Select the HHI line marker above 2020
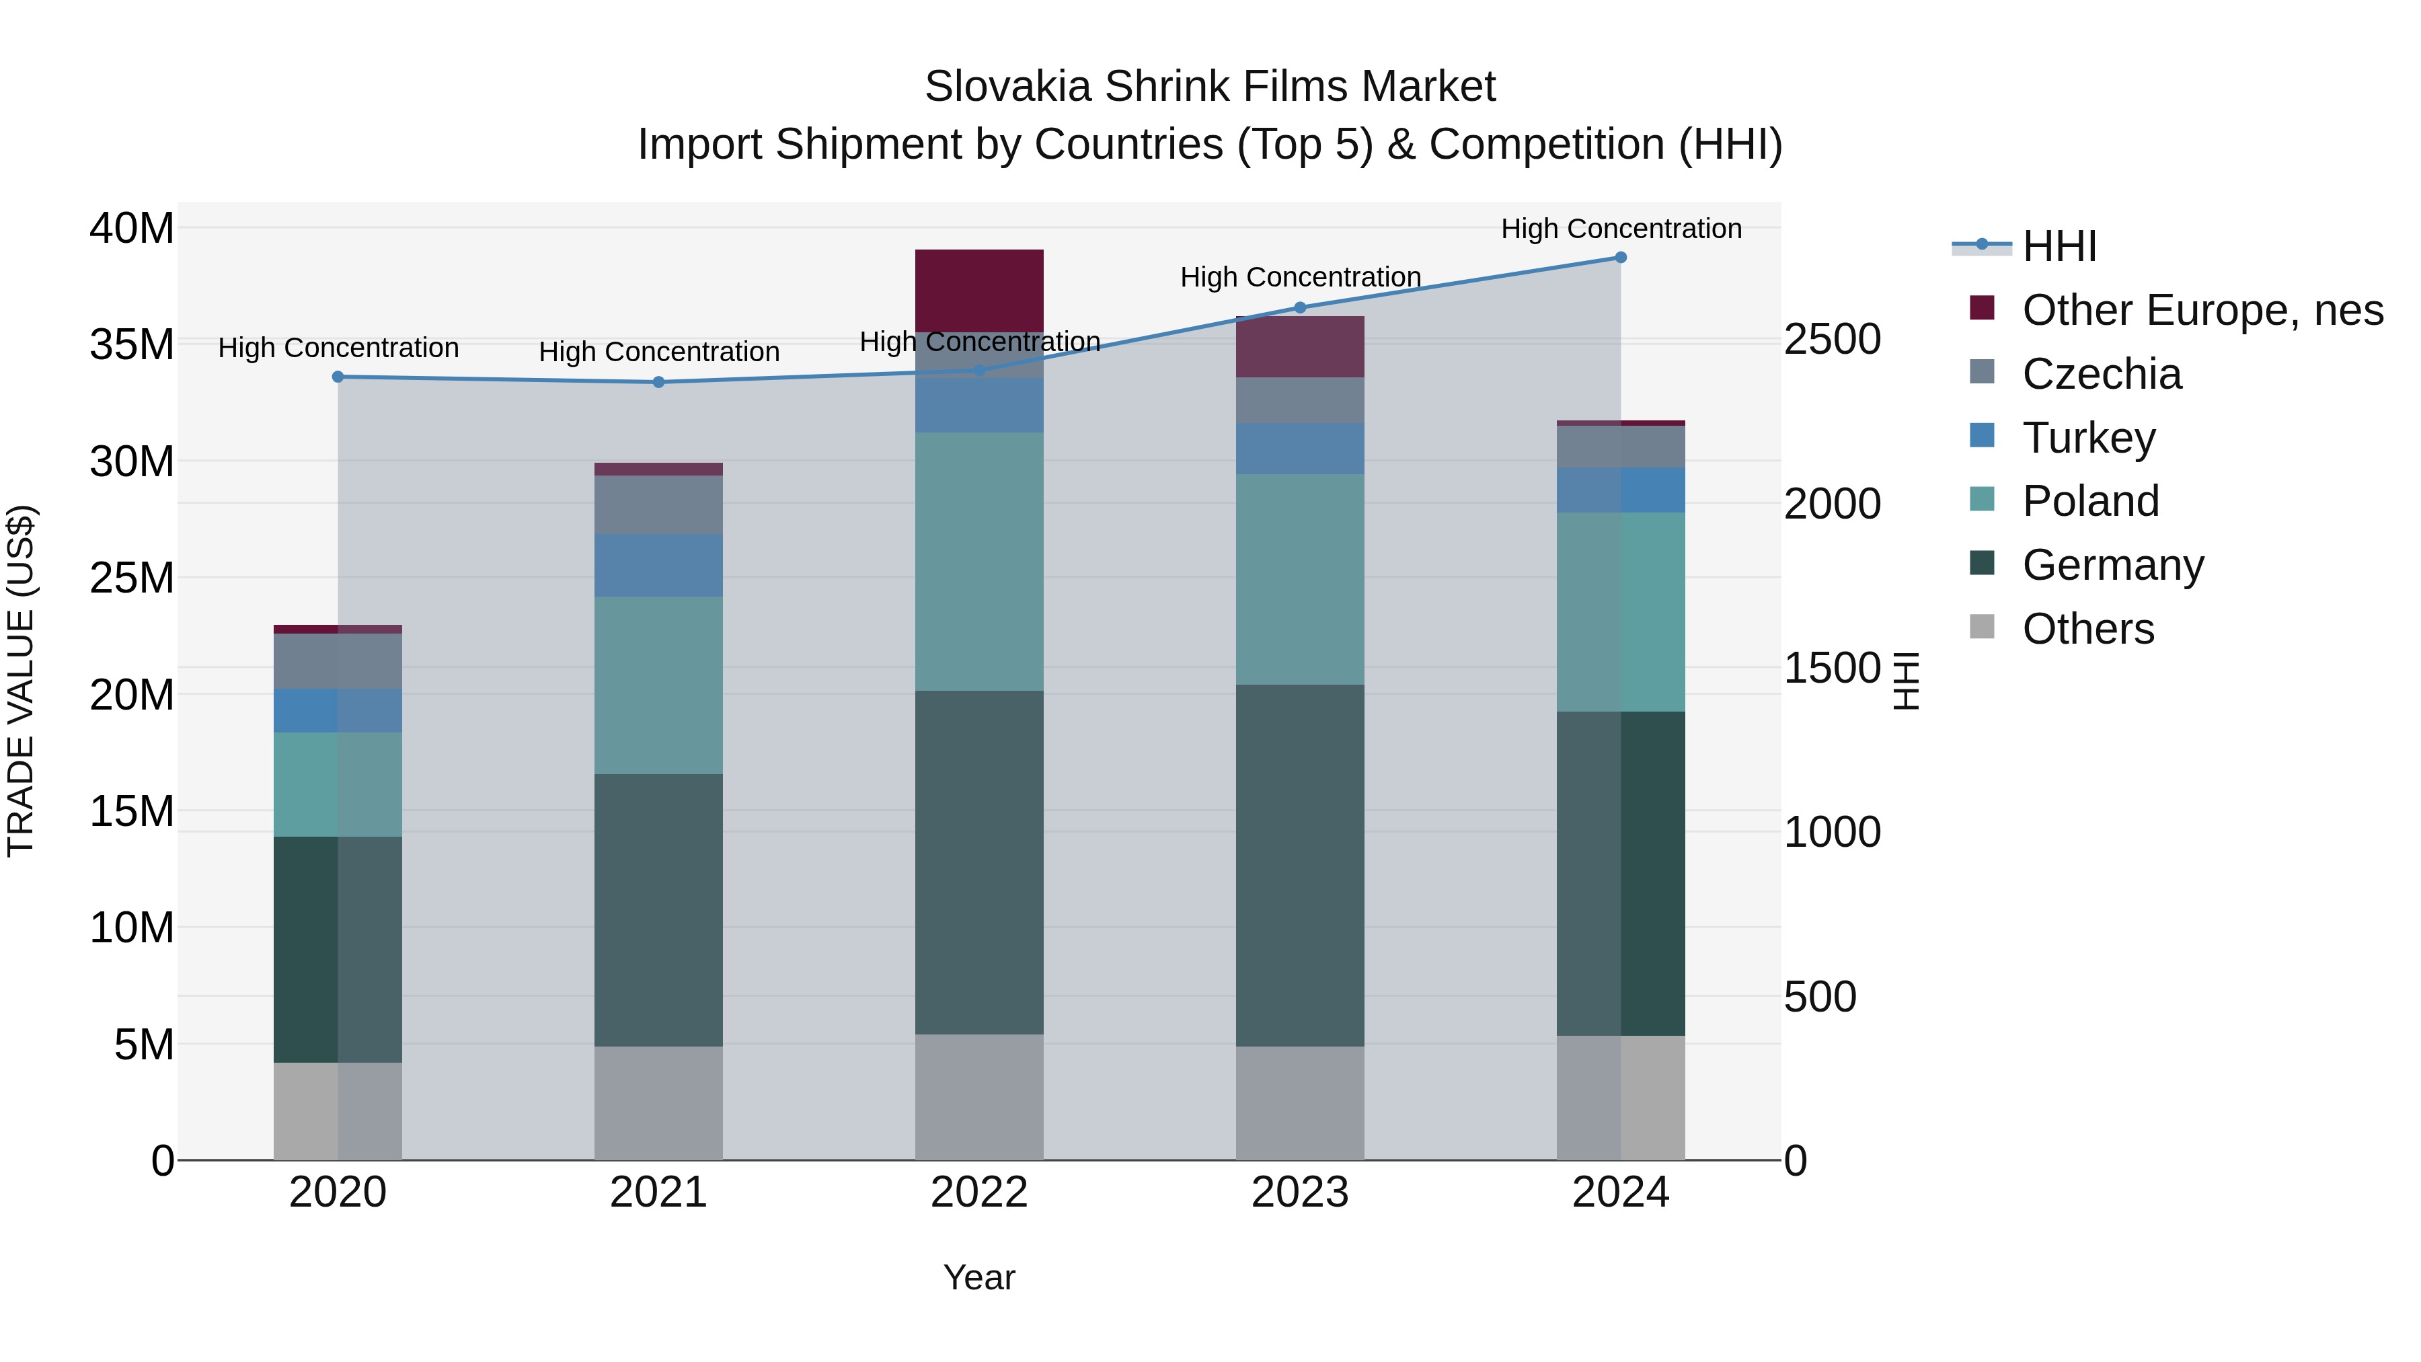click(x=338, y=377)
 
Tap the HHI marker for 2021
click(x=659, y=383)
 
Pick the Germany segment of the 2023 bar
click(x=1300, y=865)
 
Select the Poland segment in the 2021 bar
click(x=659, y=685)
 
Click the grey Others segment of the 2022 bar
click(x=979, y=1097)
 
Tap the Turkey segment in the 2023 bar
click(x=1300, y=449)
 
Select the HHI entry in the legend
click(x=2059, y=246)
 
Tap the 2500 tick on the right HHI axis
click(x=1832, y=340)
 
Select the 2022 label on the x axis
click(x=979, y=1193)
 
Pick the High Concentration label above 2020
click(x=338, y=348)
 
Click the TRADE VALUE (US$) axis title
click(x=21, y=681)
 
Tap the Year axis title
click(x=979, y=1277)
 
